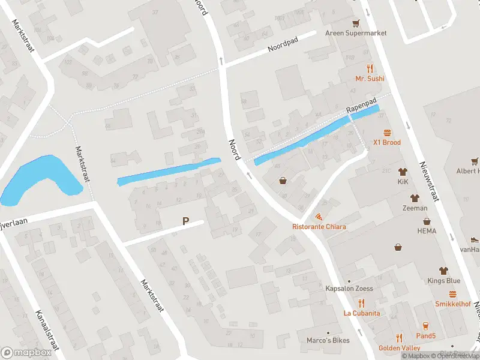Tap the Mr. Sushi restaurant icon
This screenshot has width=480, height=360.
(370, 68)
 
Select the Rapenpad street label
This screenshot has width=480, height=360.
(361, 106)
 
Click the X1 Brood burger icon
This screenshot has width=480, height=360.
(387, 133)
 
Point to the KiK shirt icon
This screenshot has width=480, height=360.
(403, 172)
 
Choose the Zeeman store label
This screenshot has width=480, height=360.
(415, 208)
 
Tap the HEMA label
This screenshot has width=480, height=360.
(427, 230)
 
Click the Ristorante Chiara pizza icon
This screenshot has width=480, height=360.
(319, 217)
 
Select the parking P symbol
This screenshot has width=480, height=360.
(186, 221)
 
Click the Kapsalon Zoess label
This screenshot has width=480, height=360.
(349, 289)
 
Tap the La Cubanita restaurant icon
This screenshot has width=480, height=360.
(362, 303)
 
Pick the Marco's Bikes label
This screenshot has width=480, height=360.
(328, 341)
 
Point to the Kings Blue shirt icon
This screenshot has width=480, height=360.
(444, 271)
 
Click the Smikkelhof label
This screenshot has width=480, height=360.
(452, 304)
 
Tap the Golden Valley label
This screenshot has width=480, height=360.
(398, 348)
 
